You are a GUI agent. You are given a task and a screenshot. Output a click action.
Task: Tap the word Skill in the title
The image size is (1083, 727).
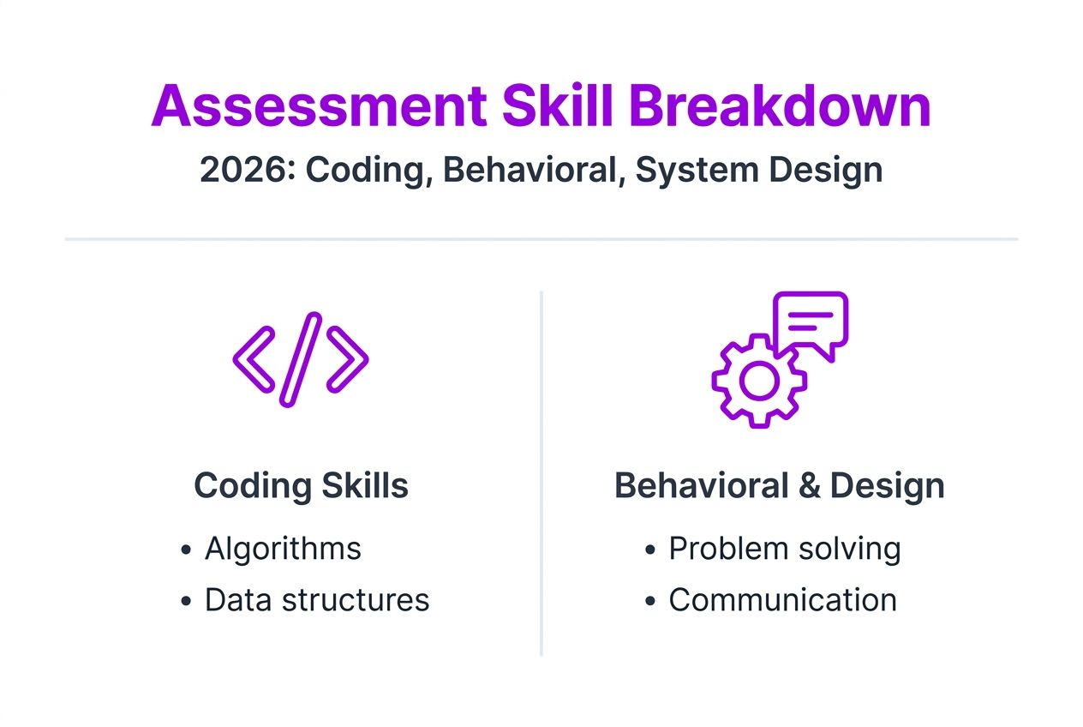point(558,107)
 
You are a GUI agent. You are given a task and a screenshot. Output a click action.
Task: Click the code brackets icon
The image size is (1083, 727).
point(301,358)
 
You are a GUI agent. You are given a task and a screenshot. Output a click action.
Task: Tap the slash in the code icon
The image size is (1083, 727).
point(301,358)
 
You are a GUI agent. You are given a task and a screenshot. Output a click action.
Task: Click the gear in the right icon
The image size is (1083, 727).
point(758,382)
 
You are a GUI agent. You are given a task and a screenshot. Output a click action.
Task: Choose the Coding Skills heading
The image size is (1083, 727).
point(301,486)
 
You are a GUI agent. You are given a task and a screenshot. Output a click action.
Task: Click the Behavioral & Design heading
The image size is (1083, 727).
point(779,486)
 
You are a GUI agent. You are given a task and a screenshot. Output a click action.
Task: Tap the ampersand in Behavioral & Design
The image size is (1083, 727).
point(809,486)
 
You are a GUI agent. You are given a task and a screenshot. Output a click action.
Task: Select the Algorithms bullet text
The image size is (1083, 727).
point(283,549)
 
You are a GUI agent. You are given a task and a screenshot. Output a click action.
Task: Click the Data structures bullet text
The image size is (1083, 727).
point(316,600)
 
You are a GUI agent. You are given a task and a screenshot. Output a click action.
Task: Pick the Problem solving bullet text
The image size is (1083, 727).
point(784,549)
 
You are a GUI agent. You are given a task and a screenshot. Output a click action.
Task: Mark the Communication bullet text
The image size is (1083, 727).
point(782,600)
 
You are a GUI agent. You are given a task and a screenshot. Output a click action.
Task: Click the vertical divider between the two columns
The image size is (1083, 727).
point(541,472)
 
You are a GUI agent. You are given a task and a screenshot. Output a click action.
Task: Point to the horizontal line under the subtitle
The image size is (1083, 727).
point(541,239)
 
